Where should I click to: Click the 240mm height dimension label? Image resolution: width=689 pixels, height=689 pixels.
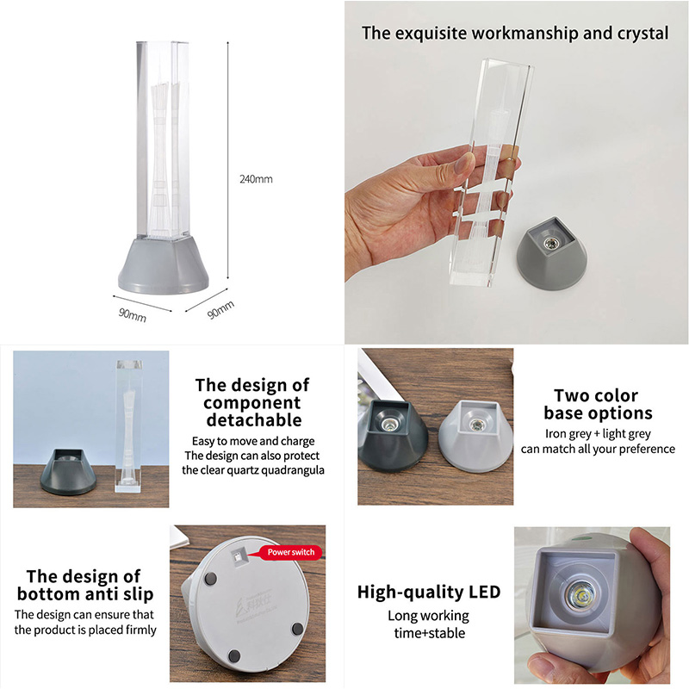pos(256,179)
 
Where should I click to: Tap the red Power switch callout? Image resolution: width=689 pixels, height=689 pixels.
pos(290,552)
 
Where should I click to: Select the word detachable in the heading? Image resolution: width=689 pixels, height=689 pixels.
pos(254,420)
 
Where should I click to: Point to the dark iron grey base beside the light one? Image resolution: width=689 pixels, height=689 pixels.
pos(393,436)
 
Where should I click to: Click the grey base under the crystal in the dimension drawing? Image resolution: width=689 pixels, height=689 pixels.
pos(164,265)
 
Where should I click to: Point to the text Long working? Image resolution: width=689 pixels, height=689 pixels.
pos(428,616)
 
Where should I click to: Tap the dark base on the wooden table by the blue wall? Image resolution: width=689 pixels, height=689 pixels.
pos(68,472)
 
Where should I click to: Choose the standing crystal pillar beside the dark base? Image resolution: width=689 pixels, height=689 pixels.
pos(129,426)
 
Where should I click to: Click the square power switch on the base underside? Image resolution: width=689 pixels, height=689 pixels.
pos(238,557)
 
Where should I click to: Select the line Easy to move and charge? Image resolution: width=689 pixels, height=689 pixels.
pos(253,441)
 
